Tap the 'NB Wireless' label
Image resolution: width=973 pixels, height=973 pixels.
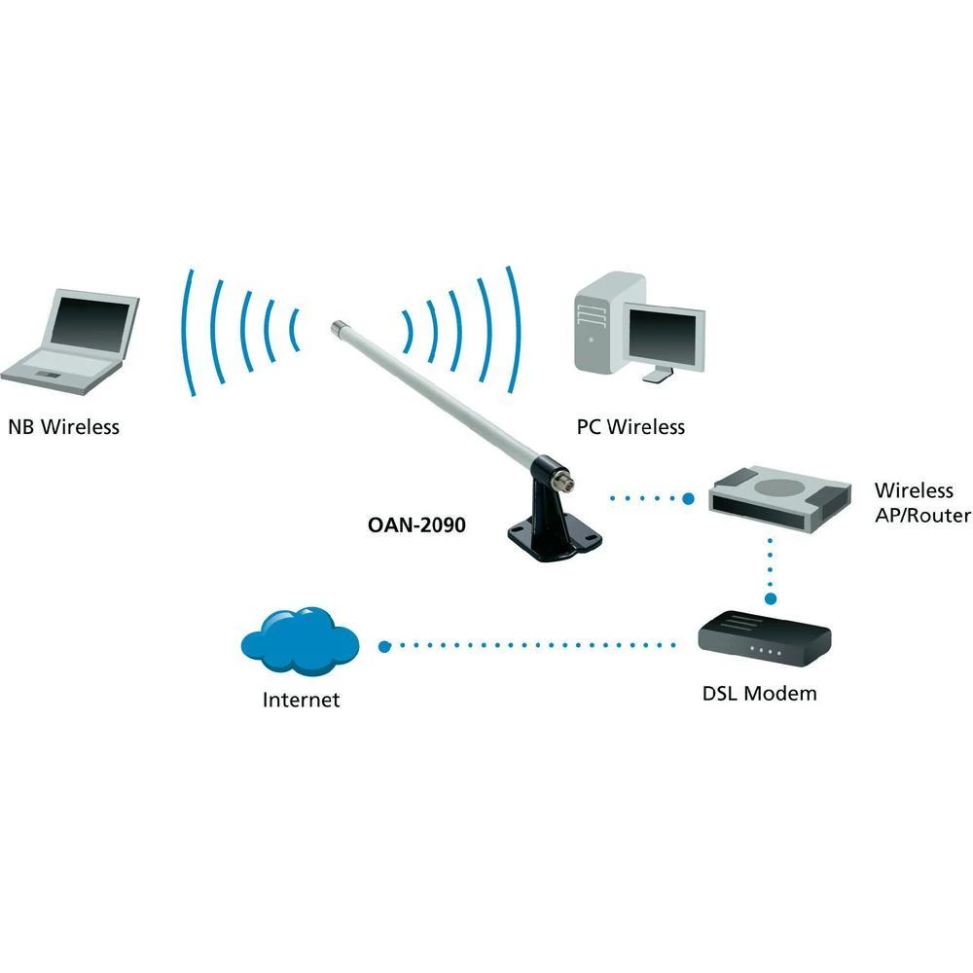click(63, 426)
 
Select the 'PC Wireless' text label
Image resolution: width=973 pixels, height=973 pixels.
click(631, 426)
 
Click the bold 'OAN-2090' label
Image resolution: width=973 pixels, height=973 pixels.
click(417, 524)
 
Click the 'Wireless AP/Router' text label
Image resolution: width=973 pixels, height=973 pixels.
click(920, 503)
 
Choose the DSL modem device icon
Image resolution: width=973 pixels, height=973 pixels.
click(765, 638)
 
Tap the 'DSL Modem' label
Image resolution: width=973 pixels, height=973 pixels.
click(759, 694)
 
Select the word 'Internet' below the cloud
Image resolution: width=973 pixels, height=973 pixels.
click(301, 700)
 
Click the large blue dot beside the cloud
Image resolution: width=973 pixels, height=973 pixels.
click(383, 645)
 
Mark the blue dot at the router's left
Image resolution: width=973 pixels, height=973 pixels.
click(688, 499)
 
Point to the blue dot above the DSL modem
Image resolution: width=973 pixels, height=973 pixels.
click(771, 599)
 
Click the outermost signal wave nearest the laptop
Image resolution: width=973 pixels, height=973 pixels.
click(187, 331)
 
